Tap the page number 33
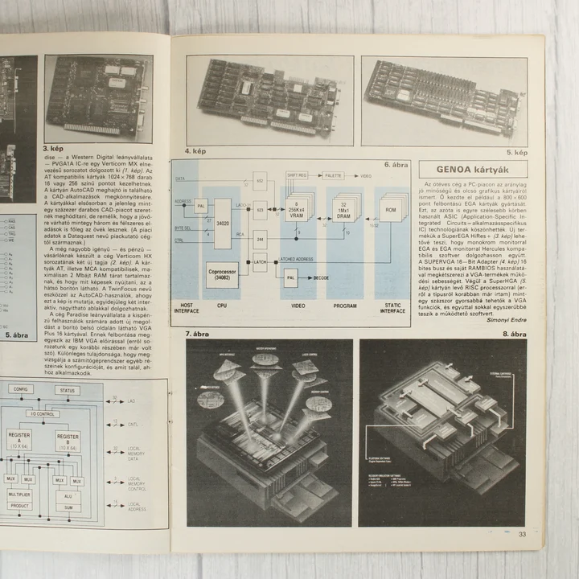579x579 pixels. coord(522,534)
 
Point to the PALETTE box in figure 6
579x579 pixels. coord(333,175)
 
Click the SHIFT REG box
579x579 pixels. coord(297,175)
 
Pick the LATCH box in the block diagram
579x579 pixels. coord(260,261)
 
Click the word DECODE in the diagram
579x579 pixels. coord(321,278)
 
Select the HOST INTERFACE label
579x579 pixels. coord(187,308)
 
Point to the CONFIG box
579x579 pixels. coord(22,389)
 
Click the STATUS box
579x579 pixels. coord(69,390)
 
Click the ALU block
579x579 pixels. coord(66,496)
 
